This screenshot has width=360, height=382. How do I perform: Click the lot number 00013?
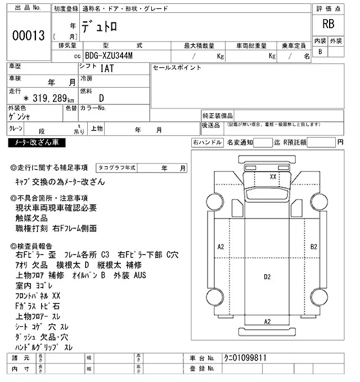[x=28, y=36]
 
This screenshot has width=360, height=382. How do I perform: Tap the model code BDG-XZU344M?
[x=110, y=56]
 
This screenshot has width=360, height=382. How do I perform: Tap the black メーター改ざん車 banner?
[x=37, y=143]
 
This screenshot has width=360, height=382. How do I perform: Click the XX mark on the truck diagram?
[x=273, y=176]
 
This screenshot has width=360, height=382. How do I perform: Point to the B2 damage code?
[x=314, y=246]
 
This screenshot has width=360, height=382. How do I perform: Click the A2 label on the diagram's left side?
[x=220, y=246]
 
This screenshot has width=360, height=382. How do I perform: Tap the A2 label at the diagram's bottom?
[x=267, y=321]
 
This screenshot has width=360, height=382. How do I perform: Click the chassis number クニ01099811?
[x=244, y=357]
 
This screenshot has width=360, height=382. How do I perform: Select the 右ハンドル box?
[x=207, y=143]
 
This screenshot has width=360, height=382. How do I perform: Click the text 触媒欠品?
[x=32, y=218]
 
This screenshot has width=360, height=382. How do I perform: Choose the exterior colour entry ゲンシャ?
[x=20, y=117]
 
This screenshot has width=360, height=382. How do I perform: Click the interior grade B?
[x=320, y=52]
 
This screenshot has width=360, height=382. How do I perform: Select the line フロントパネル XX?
[x=38, y=295]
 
